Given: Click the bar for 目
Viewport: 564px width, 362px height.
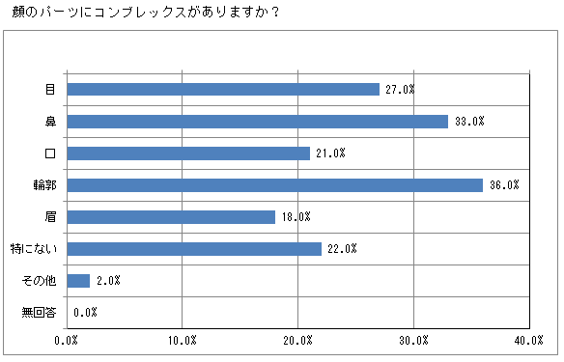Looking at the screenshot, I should (x=222, y=89).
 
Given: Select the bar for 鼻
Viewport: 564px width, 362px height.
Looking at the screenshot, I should (x=257, y=121).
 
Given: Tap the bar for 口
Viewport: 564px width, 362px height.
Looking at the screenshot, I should (x=188, y=153).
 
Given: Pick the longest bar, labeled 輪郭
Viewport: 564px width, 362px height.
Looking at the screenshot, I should (x=274, y=184).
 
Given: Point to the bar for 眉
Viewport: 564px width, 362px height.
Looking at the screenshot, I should (x=171, y=216).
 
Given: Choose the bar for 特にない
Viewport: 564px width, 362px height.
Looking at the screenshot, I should (x=194, y=248).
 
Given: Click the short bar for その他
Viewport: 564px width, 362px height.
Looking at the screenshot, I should (x=78, y=280).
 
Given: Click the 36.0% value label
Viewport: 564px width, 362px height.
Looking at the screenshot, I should (x=505, y=184).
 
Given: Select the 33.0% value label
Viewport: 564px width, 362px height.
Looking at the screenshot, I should (x=469, y=121).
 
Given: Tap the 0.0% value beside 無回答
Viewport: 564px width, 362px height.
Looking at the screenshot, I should (x=85, y=313).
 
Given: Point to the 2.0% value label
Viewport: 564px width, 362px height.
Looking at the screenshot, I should (x=109, y=280).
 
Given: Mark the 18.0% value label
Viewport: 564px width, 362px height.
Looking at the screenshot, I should (x=296, y=216).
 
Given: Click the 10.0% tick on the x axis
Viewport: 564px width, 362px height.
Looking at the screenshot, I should (x=183, y=341).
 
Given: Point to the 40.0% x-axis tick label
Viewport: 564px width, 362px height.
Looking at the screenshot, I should (x=529, y=341).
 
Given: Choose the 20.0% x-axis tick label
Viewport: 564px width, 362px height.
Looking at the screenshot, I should (x=298, y=341).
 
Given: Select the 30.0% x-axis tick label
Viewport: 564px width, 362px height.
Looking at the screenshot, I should (x=414, y=341).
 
